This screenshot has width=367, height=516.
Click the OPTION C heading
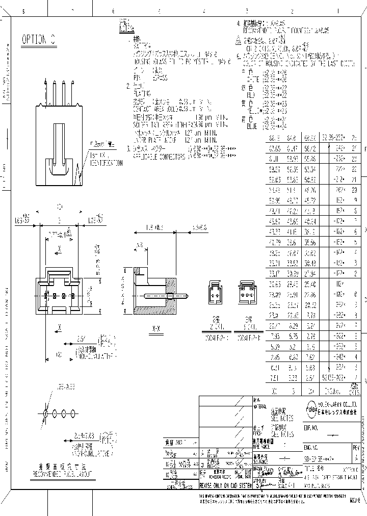tap(39, 40)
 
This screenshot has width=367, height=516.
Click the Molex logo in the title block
tap(310, 406)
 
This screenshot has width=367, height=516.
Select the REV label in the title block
tap(355, 447)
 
